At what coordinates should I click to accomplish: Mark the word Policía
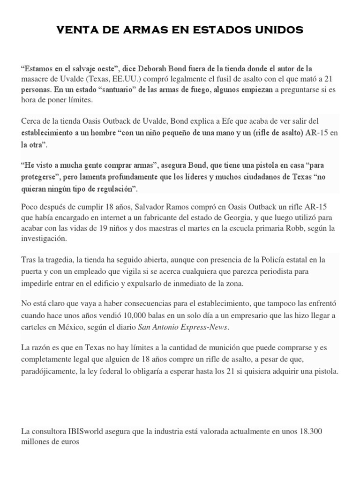(265, 259)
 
